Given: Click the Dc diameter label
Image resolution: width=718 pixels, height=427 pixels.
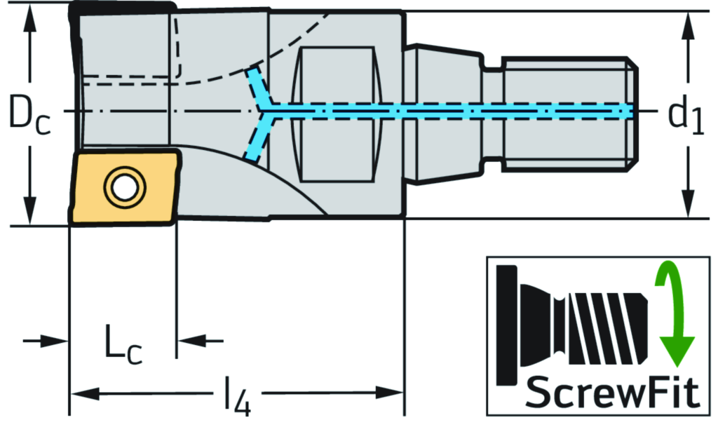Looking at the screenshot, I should [29, 114].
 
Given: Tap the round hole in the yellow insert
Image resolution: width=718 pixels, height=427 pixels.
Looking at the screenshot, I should [124, 187].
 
